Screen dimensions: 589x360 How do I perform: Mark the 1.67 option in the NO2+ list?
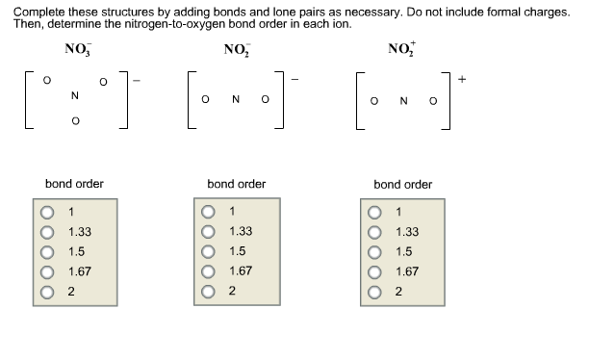pyautogui.click(x=374, y=272)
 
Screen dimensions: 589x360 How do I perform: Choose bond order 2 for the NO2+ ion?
pyautogui.click(x=374, y=292)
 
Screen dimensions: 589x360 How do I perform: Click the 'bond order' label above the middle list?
pyautogui.click(x=237, y=183)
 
